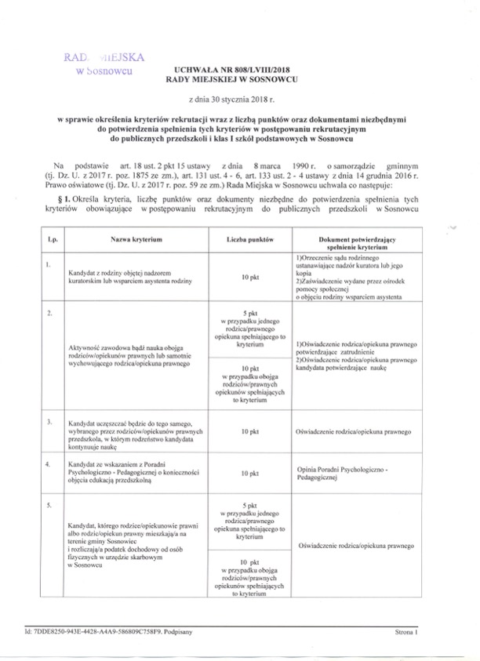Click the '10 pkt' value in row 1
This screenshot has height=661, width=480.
point(250,277)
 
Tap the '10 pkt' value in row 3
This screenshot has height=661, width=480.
point(250,431)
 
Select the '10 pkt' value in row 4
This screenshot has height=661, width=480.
point(250,474)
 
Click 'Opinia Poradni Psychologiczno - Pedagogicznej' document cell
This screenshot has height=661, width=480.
point(344,473)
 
